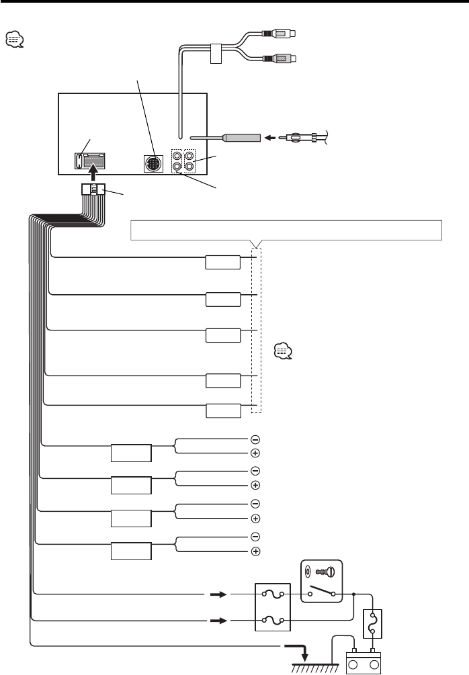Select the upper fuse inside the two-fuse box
click(x=272, y=594)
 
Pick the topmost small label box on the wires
click(x=223, y=262)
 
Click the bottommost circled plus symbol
click(x=255, y=552)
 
